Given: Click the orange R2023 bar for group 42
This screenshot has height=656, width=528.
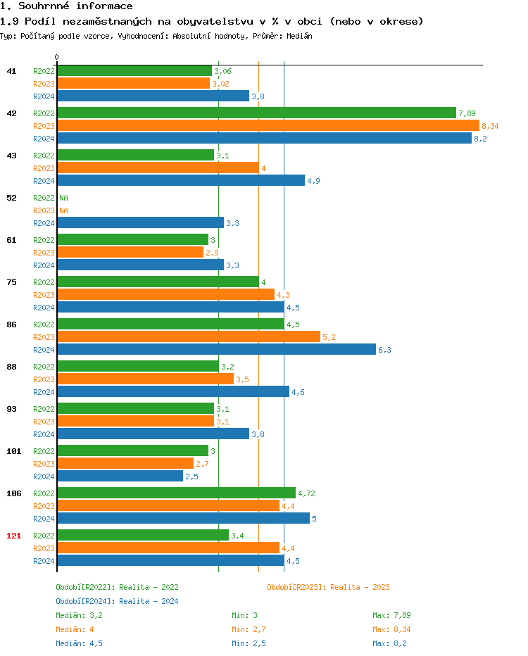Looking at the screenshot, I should coord(268,125).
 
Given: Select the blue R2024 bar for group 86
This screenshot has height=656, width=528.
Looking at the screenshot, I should coord(216,349).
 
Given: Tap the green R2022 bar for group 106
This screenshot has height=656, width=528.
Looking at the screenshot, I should coord(176,493).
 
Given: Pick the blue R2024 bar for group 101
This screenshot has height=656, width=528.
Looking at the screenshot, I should coord(120,476).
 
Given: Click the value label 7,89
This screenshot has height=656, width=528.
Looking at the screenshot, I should coord(467,113).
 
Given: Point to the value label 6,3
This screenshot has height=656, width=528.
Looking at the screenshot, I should coord(384,350).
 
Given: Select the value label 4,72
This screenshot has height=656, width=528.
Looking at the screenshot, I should coord(306,493).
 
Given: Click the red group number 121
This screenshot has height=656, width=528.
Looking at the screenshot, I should coord(13,536).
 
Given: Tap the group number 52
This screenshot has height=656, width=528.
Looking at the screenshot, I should coord(11,198).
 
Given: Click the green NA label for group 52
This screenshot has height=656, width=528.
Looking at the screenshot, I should coord(63,198).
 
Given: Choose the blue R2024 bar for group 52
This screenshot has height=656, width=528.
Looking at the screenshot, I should coord(140,222).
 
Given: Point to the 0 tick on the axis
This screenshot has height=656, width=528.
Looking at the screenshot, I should coord(57,58).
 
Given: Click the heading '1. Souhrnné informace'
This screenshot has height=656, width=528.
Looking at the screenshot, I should coord(66,6).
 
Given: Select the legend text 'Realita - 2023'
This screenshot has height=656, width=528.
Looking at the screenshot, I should coord(360,587).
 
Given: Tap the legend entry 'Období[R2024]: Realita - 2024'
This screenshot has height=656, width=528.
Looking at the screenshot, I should coord(117,601).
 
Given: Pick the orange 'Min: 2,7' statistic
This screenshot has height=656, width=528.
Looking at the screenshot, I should coord(249,629).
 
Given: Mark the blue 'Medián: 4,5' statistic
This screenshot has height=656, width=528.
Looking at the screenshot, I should coord(79,643).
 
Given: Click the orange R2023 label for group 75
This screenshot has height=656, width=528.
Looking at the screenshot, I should coord(44,295).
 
